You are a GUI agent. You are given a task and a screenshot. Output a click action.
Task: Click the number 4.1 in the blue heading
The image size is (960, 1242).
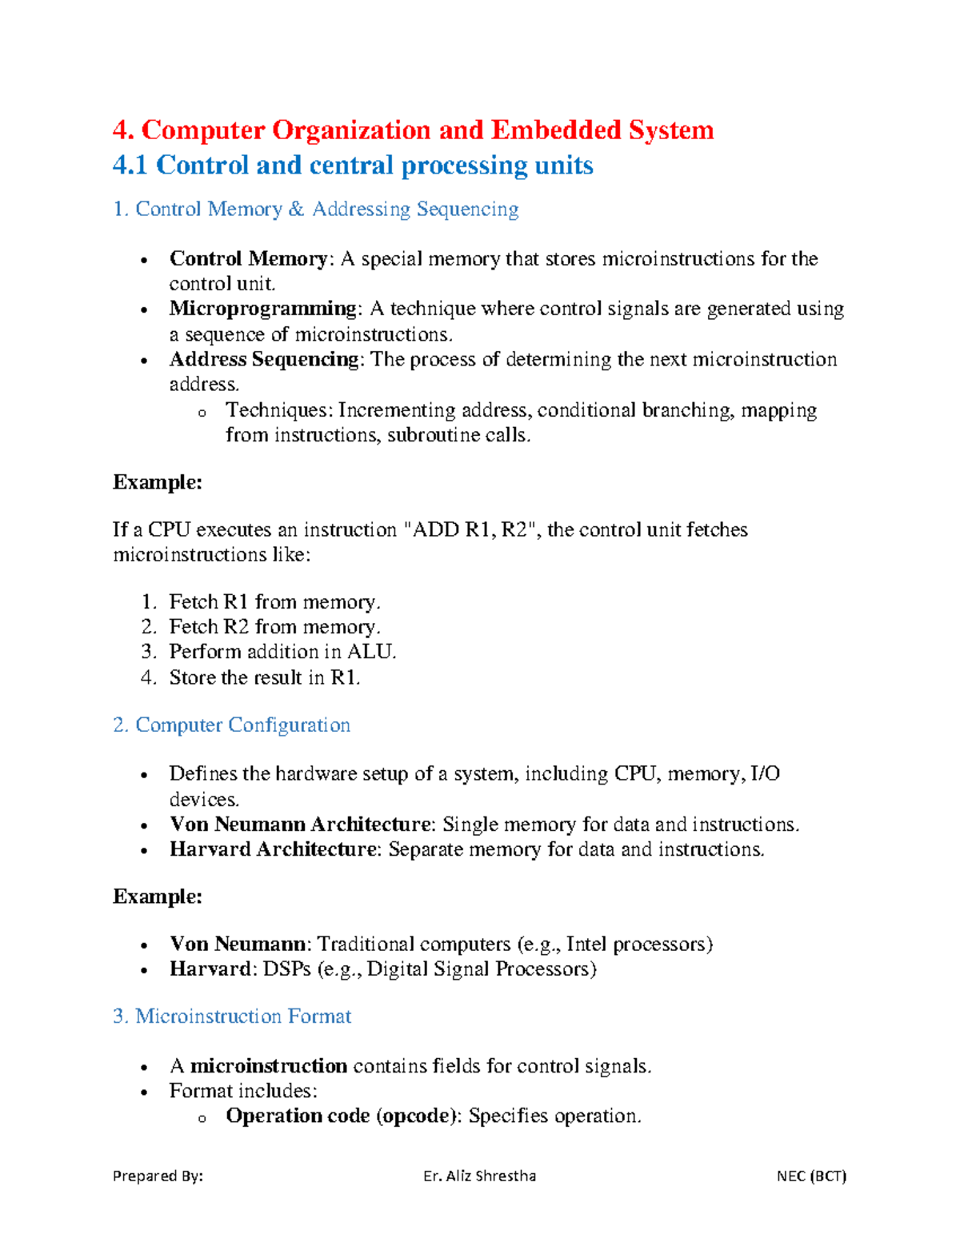[x=130, y=165]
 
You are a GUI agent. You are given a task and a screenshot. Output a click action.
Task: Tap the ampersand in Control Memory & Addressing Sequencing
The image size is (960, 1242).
[x=297, y=210]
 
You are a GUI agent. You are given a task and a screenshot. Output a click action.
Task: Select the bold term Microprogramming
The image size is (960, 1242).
[x=263, y=309]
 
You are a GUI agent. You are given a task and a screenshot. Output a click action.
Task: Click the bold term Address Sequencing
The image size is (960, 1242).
[x=264, y=359]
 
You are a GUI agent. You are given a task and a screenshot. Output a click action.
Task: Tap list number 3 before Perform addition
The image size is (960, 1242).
[x=148, y=652]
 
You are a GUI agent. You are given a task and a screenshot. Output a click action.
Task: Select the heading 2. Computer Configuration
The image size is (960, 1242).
[x=232, y=725]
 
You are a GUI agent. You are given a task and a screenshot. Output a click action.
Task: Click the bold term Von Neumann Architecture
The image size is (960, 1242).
[x=300, y=825]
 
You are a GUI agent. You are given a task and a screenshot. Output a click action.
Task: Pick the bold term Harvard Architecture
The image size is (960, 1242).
[x=273, y=849]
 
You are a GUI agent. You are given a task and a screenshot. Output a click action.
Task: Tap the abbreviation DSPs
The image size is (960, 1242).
[x=286, y=969]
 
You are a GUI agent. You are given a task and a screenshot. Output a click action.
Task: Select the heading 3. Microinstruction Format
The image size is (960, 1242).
[x=232, y=1016]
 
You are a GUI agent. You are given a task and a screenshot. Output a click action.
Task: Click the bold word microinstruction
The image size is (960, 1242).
[x=268, y=1066]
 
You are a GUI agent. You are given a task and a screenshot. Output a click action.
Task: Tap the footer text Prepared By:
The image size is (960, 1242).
[x=158, y=1176]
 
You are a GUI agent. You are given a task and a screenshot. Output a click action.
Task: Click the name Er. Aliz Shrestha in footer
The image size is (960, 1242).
[x=479, y=1176]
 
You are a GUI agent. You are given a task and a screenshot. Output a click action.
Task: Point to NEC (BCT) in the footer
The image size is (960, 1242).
[x=810, y=1176]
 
